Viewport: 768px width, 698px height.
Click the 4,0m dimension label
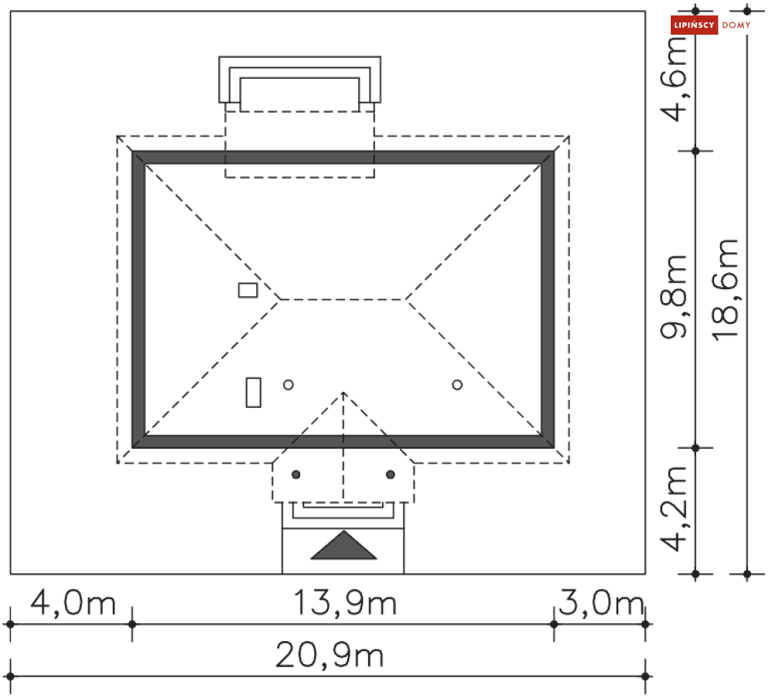coord(73,603)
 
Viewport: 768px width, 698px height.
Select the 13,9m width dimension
coord(345,603)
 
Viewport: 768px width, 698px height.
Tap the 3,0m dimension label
coord(601,603)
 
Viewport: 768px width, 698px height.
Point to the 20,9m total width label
coord(329,656)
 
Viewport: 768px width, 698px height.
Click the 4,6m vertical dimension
coord(675,79)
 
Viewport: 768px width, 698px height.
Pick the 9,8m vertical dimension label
coord(675,297)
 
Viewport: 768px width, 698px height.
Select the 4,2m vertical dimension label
coord(675,509)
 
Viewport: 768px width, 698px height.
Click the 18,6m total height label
coord(725,290)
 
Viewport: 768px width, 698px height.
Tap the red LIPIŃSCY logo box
coord(694,25)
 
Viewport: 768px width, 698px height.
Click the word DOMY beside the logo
coord(736,25)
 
